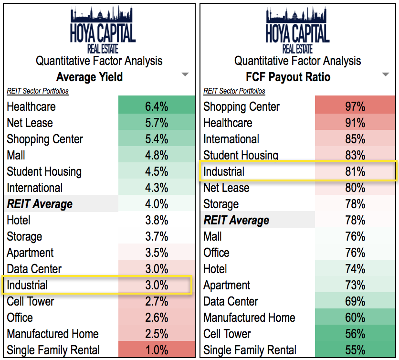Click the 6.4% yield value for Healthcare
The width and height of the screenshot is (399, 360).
coord(157,106)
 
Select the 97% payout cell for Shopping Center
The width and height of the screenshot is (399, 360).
coord(355,106)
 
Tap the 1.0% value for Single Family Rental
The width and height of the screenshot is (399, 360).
coord(157,350)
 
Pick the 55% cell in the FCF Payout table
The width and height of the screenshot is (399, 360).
coord(355,350)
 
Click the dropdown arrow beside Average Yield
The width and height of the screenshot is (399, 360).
coord(185,74)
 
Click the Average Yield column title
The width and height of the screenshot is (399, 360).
coord(89,76)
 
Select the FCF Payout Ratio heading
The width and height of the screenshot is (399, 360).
coord(288,76)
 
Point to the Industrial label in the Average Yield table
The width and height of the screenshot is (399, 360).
coord(27,285)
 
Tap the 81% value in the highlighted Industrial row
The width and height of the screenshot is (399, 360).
coord(355,171)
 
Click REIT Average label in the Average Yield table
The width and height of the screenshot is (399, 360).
coord(40,204)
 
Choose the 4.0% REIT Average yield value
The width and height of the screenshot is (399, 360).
coord(157,204)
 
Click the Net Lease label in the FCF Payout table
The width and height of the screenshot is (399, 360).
coord(226,188)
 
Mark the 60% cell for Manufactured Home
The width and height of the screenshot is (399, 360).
coord(355,318)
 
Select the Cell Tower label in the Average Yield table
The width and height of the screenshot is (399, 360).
coord(31,301)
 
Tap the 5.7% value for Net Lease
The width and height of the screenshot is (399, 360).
coord(157,123)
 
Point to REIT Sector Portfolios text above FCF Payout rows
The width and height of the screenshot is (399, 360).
coord(234,91)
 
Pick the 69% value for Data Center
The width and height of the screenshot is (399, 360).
coord(355,301)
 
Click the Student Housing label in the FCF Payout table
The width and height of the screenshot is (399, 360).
coord(241,155)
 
